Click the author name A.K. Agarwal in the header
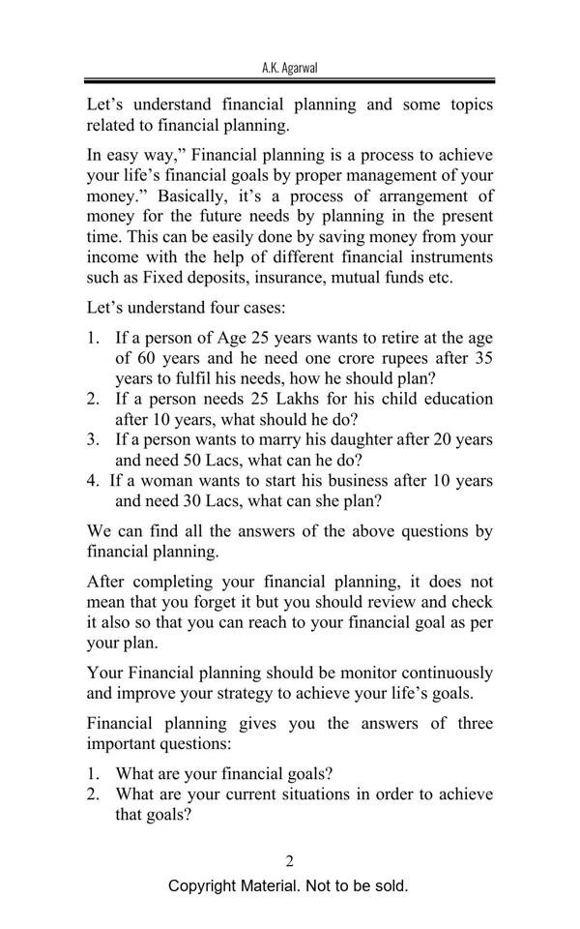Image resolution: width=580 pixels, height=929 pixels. [x=289, y=68]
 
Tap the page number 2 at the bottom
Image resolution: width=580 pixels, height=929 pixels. [x=290, y=861]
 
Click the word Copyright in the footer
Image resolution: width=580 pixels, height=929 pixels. [x=203, y=886]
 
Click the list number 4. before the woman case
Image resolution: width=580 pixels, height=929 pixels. [x=93, y=480]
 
